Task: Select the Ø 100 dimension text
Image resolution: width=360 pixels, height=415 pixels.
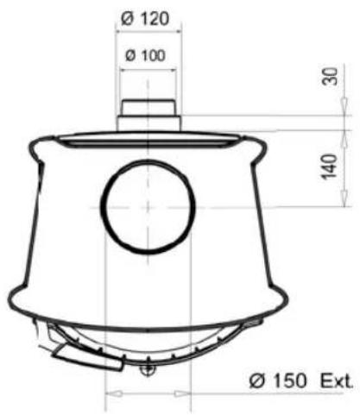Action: [148, 55]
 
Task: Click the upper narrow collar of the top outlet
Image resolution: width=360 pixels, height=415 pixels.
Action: [148, 108]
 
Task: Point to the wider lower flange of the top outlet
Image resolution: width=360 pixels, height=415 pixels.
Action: [148, 124]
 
